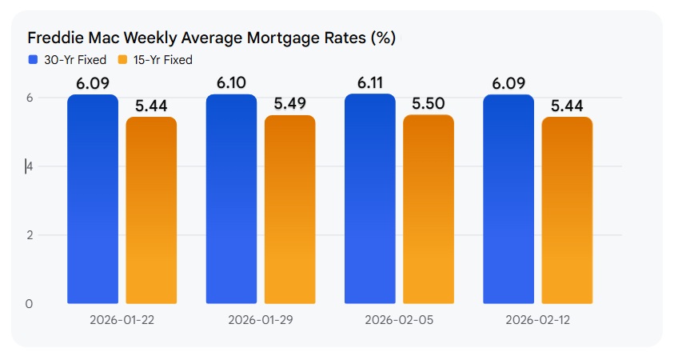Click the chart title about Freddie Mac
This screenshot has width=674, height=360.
[212, 38]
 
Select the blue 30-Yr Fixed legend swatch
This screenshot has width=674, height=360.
[33, 60]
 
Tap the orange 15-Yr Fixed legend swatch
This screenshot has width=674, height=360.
[122, 60]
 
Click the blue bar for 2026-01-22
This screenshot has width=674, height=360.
[93, 200]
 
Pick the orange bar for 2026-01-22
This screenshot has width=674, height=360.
[151, 210]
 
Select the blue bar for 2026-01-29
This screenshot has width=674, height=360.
[231, 200]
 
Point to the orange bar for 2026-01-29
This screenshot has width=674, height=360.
[289, 210]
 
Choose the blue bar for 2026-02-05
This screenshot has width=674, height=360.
[369, 199]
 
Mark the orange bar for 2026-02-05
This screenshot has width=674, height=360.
[429, 210]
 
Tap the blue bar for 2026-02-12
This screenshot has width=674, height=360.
[508, 200]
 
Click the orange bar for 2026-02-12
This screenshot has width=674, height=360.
[567, 210]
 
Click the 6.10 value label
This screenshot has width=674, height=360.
[232, 82]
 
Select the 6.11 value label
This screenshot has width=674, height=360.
[370, 82]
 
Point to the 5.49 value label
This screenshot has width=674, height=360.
[290, 104]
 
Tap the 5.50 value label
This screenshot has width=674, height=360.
[429, 103]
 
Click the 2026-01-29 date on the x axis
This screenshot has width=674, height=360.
[260, 320]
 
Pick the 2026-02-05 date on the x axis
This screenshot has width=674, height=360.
[399, 320]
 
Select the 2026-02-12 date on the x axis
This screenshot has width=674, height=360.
[537, 320]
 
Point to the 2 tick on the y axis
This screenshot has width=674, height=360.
[30, 235]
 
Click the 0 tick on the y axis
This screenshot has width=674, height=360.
[30, 304]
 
